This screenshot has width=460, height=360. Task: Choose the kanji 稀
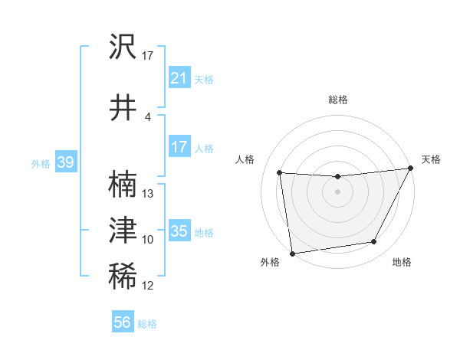pyautogui.click(x=123, y=275)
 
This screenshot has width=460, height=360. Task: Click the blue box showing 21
pyautogui.click(x=179, y=77)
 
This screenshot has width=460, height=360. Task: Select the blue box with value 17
pyautogui.click(x=179, y=147)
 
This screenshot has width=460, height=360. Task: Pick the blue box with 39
pyautogui.click(x=65, y=162)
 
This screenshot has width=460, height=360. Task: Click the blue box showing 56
pyautogui.click(x=122, y=322)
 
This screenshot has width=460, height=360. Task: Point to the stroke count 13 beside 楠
pyautogui.click(x=148, y=193)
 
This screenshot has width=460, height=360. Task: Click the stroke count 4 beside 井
pyautogui.click(x=148, y=116)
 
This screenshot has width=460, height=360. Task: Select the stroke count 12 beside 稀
pyautogui.click(x=148, y=286)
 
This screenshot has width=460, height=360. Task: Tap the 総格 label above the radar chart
pyautogui.click(x=337, y=100)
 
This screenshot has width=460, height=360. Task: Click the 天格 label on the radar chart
pyautogui.click(x=431, y=159)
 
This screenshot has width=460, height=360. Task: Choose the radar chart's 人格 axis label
pyautogui.click(x=246, y=159)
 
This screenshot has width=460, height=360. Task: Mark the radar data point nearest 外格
pyautogui.click(x=292, y=253)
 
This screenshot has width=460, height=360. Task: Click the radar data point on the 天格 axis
pyautogui.click(x=411, y=169)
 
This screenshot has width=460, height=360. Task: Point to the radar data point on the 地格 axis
pyautogui.click(x=374, y=242)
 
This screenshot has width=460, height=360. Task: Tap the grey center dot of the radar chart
pyautogui.click(x=337, y=191)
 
